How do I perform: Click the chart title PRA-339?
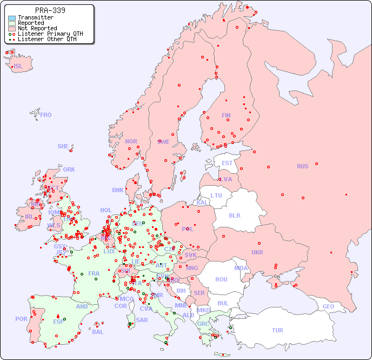coord(50,10)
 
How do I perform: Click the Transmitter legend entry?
coord(35,17)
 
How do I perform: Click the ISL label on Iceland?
coord(18,67)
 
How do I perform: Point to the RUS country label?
coord(302,166)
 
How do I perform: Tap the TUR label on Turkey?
coord(277,330)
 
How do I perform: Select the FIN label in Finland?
coord(226,115)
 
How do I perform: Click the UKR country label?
coord(257,252)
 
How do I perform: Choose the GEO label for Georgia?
coord(328,306)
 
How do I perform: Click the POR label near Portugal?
coord(21,319)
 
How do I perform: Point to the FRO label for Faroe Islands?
coord(46,115)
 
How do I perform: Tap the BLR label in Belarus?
coord(234,215)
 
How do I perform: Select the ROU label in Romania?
coord(221,279)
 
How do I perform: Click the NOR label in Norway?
coord(131,141)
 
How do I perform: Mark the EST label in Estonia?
coord(227,163)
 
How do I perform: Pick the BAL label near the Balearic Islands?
coord(98,332)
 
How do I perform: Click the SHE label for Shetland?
coord(63,146)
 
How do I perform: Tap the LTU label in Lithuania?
coord(216,195)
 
